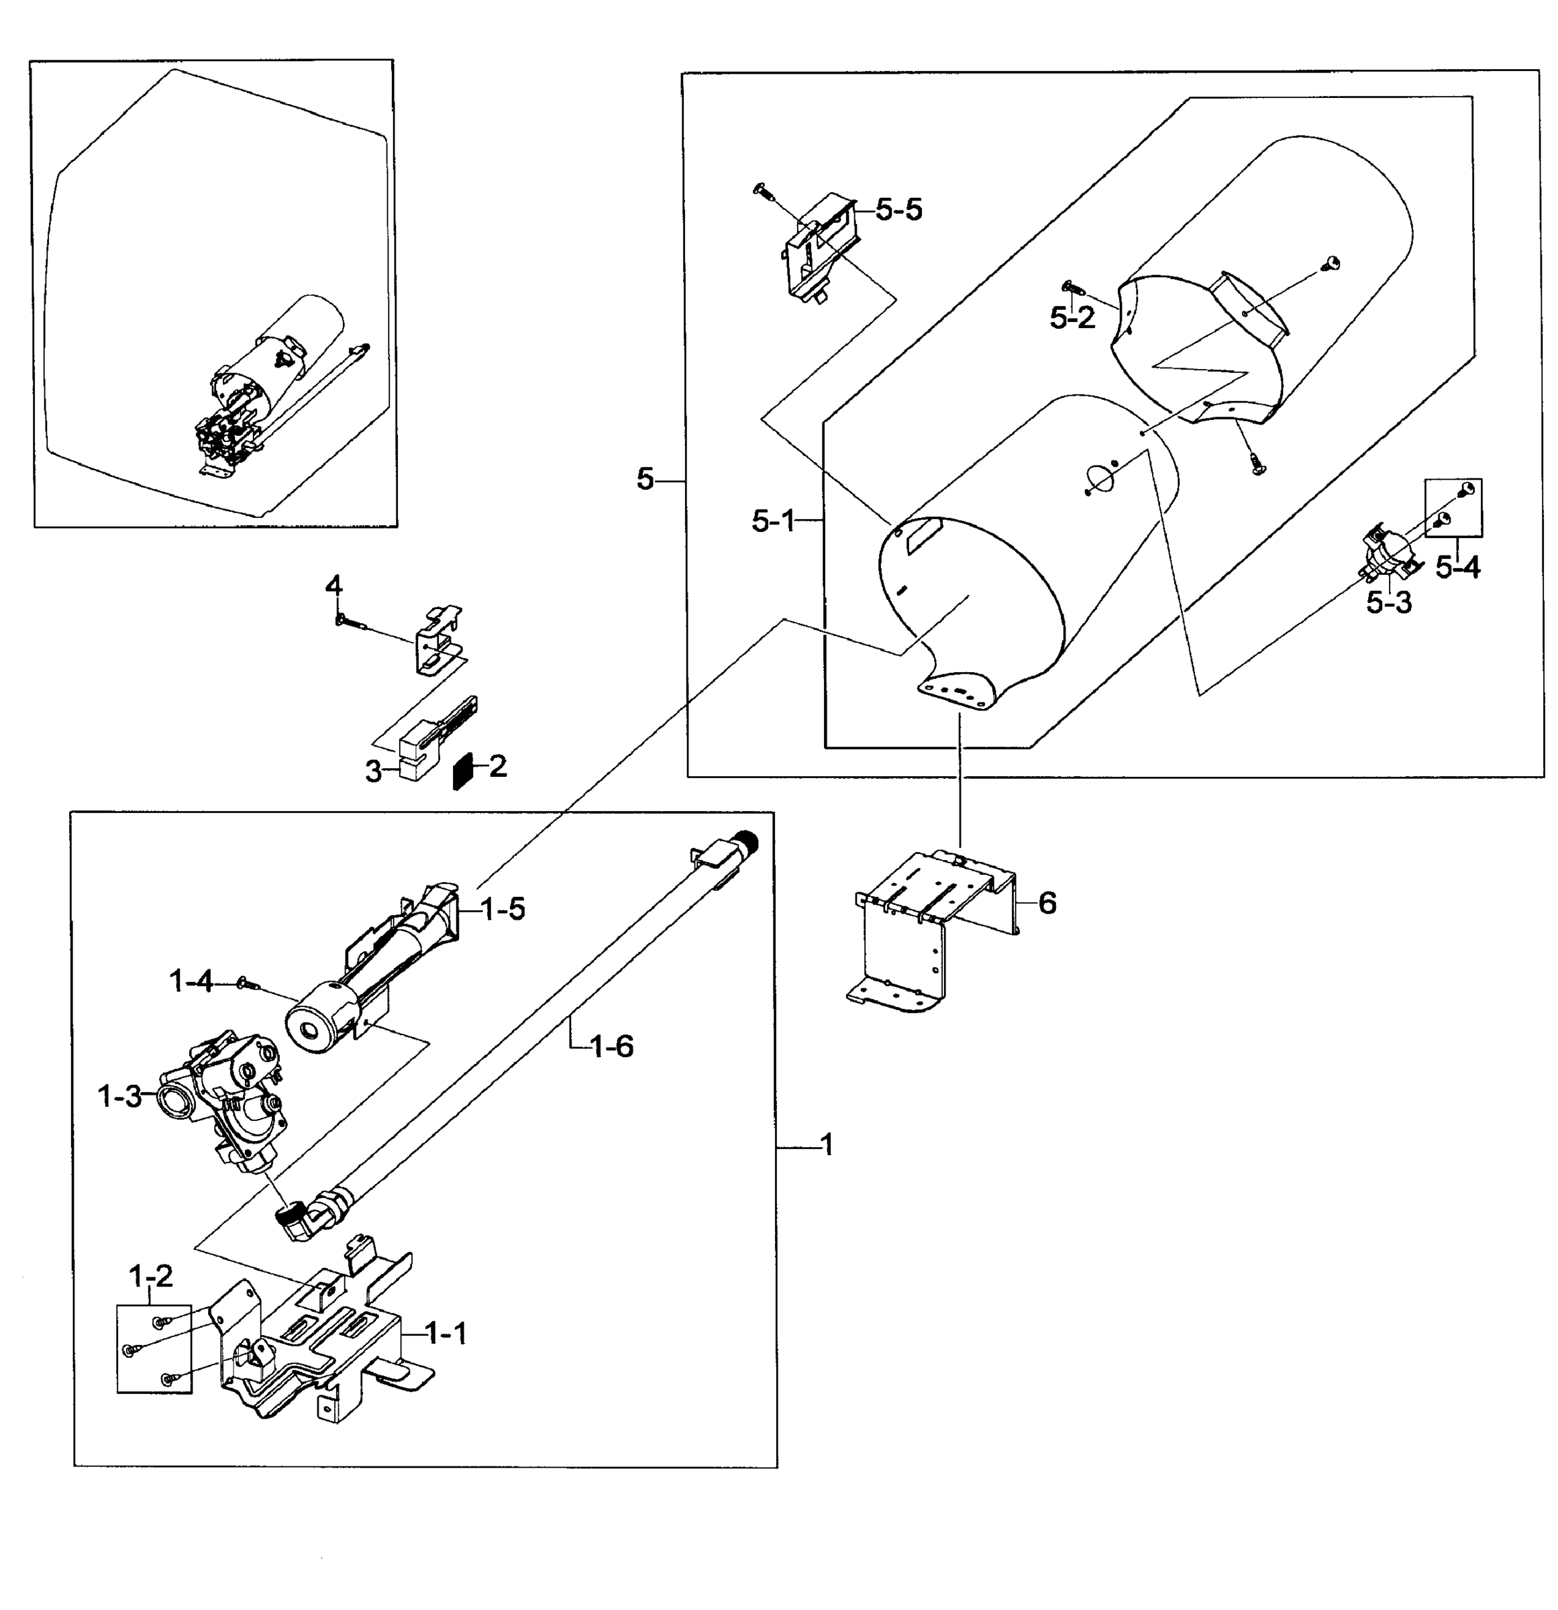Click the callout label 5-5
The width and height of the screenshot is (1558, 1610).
point(898,210)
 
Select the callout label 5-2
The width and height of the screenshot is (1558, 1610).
point(1072,318)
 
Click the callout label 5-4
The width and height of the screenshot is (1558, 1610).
point(1458,567)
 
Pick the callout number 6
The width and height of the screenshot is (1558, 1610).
point(1047,903)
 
